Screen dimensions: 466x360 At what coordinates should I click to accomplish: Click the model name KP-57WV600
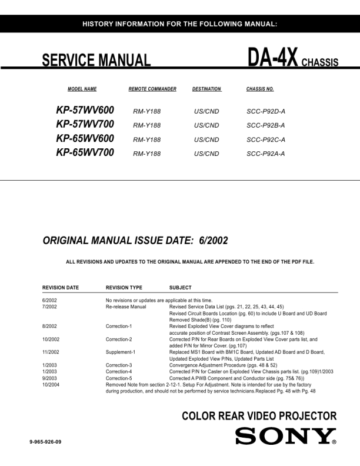[85, 110]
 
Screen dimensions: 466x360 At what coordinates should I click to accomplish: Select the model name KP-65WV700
[85, 153]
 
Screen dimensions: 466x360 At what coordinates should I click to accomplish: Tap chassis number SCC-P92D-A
[266, 111]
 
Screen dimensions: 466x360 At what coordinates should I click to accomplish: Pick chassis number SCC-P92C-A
[266, 139]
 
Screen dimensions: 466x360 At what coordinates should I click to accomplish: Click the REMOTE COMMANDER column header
[152, 89]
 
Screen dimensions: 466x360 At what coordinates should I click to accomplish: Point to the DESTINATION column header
[206, 89]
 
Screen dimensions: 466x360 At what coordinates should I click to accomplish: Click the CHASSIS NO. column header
[260, 89]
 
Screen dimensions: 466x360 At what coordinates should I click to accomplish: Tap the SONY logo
[286, 437]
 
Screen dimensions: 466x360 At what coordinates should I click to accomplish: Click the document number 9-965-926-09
[42, 441]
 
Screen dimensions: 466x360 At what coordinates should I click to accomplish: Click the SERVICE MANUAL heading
[96, 61]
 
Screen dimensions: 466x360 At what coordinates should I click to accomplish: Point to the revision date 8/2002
[50, 325]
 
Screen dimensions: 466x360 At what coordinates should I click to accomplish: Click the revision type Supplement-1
[121, 352]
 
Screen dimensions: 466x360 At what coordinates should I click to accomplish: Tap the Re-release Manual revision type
[126, 307]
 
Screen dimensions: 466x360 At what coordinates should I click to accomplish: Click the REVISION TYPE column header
[124, 288]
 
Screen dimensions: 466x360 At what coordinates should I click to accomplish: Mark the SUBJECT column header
[180, 288]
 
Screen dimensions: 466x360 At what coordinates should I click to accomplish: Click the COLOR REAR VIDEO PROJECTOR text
[259, 417]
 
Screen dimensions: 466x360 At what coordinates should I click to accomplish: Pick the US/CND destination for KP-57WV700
[206, 125]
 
